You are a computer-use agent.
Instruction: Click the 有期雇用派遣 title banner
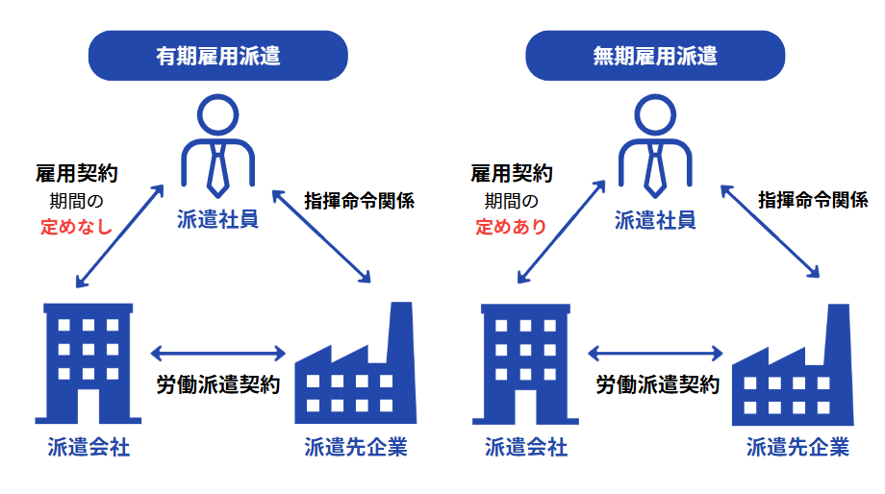click(x=218, y=56)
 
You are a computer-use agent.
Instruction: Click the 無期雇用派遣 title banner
click(x=655, y=56)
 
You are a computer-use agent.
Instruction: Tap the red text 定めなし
click(x=76, y=228)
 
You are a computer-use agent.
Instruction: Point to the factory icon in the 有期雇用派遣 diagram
click(x=357, y=370)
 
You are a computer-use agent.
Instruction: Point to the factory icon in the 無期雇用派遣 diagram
click(x=793, y=370)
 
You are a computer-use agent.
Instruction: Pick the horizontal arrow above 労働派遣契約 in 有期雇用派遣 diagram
click(x=218, y=352)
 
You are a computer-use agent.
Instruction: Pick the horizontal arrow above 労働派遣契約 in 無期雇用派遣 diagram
click(x=655, y=352)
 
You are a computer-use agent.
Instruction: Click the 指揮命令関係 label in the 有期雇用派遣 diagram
click(x=358, y=201)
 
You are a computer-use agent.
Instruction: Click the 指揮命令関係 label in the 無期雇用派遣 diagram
click(x=813, y=201)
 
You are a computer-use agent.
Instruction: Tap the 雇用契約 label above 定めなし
click(x=76, y=174)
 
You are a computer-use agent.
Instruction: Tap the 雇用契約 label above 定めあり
click(x=512, y=174)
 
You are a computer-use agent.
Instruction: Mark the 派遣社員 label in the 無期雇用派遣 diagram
click(x=655, y=220)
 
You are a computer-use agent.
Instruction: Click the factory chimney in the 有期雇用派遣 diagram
click(x=401, y=327)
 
